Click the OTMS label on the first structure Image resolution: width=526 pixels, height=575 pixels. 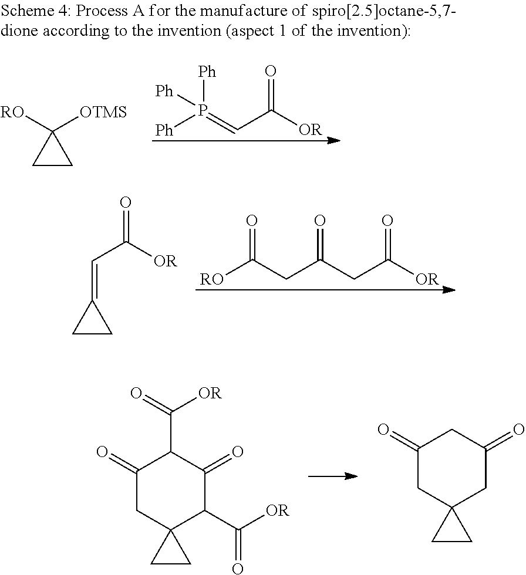pyautogui.click(x=103, y=112)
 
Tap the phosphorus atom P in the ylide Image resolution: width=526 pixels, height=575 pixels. pyautogui.click(x=203, y=110)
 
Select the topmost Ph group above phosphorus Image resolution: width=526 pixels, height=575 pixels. pyautogui.click(x=207, y=72)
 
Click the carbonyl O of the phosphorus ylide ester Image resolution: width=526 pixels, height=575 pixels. pyautogui.click(x=270, y=71)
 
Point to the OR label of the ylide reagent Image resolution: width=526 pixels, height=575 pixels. pyautogui.click(x=311, y=130)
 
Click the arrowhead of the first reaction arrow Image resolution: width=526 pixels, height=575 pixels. pyautogui.click(x=333, y=140)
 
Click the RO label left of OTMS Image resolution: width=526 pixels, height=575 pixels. pyautogui.click(x=12, y=112)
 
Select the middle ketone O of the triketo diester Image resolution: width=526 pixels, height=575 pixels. pyautogui.click(x=320, y=221)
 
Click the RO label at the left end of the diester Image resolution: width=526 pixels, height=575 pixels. pyautogui.click(x=212, y=279)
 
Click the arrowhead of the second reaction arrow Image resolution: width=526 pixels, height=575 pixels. pyautogui.click(x=449, y=290)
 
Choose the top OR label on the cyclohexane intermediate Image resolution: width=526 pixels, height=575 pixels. pyautogui.click(x=210, y=393)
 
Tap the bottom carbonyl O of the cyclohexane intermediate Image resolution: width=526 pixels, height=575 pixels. pyautogui.click(x=238, y=568)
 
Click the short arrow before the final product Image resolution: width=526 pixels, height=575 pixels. pyautogui.click(x=333, y=476)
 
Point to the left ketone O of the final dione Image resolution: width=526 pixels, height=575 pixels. pyautogui.click(x=384, y=429)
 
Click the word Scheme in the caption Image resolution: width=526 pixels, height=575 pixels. pyautogui.click(x=28, y=11)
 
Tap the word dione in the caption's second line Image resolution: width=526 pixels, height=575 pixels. pyautogui.click(x=19, y=31)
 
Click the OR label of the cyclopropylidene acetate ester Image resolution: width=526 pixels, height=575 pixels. pyautogui.click(x=166, y=261)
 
